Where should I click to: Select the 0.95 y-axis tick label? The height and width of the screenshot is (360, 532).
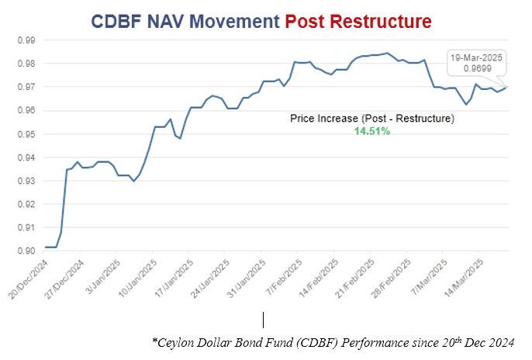click(x=26, y=134)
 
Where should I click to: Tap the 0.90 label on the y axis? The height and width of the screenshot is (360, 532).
click(x=26, y=251)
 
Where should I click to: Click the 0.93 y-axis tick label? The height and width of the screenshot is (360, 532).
click(x=26, y=181)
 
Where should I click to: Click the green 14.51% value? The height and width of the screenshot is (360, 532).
click(x=371, y=132)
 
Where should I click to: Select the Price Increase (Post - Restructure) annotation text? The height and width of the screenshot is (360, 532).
click(x=371, y=119)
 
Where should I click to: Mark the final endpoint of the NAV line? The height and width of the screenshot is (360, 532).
click(x=507, y=86)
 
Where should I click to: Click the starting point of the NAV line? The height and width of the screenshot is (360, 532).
click(x=45, y=247)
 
